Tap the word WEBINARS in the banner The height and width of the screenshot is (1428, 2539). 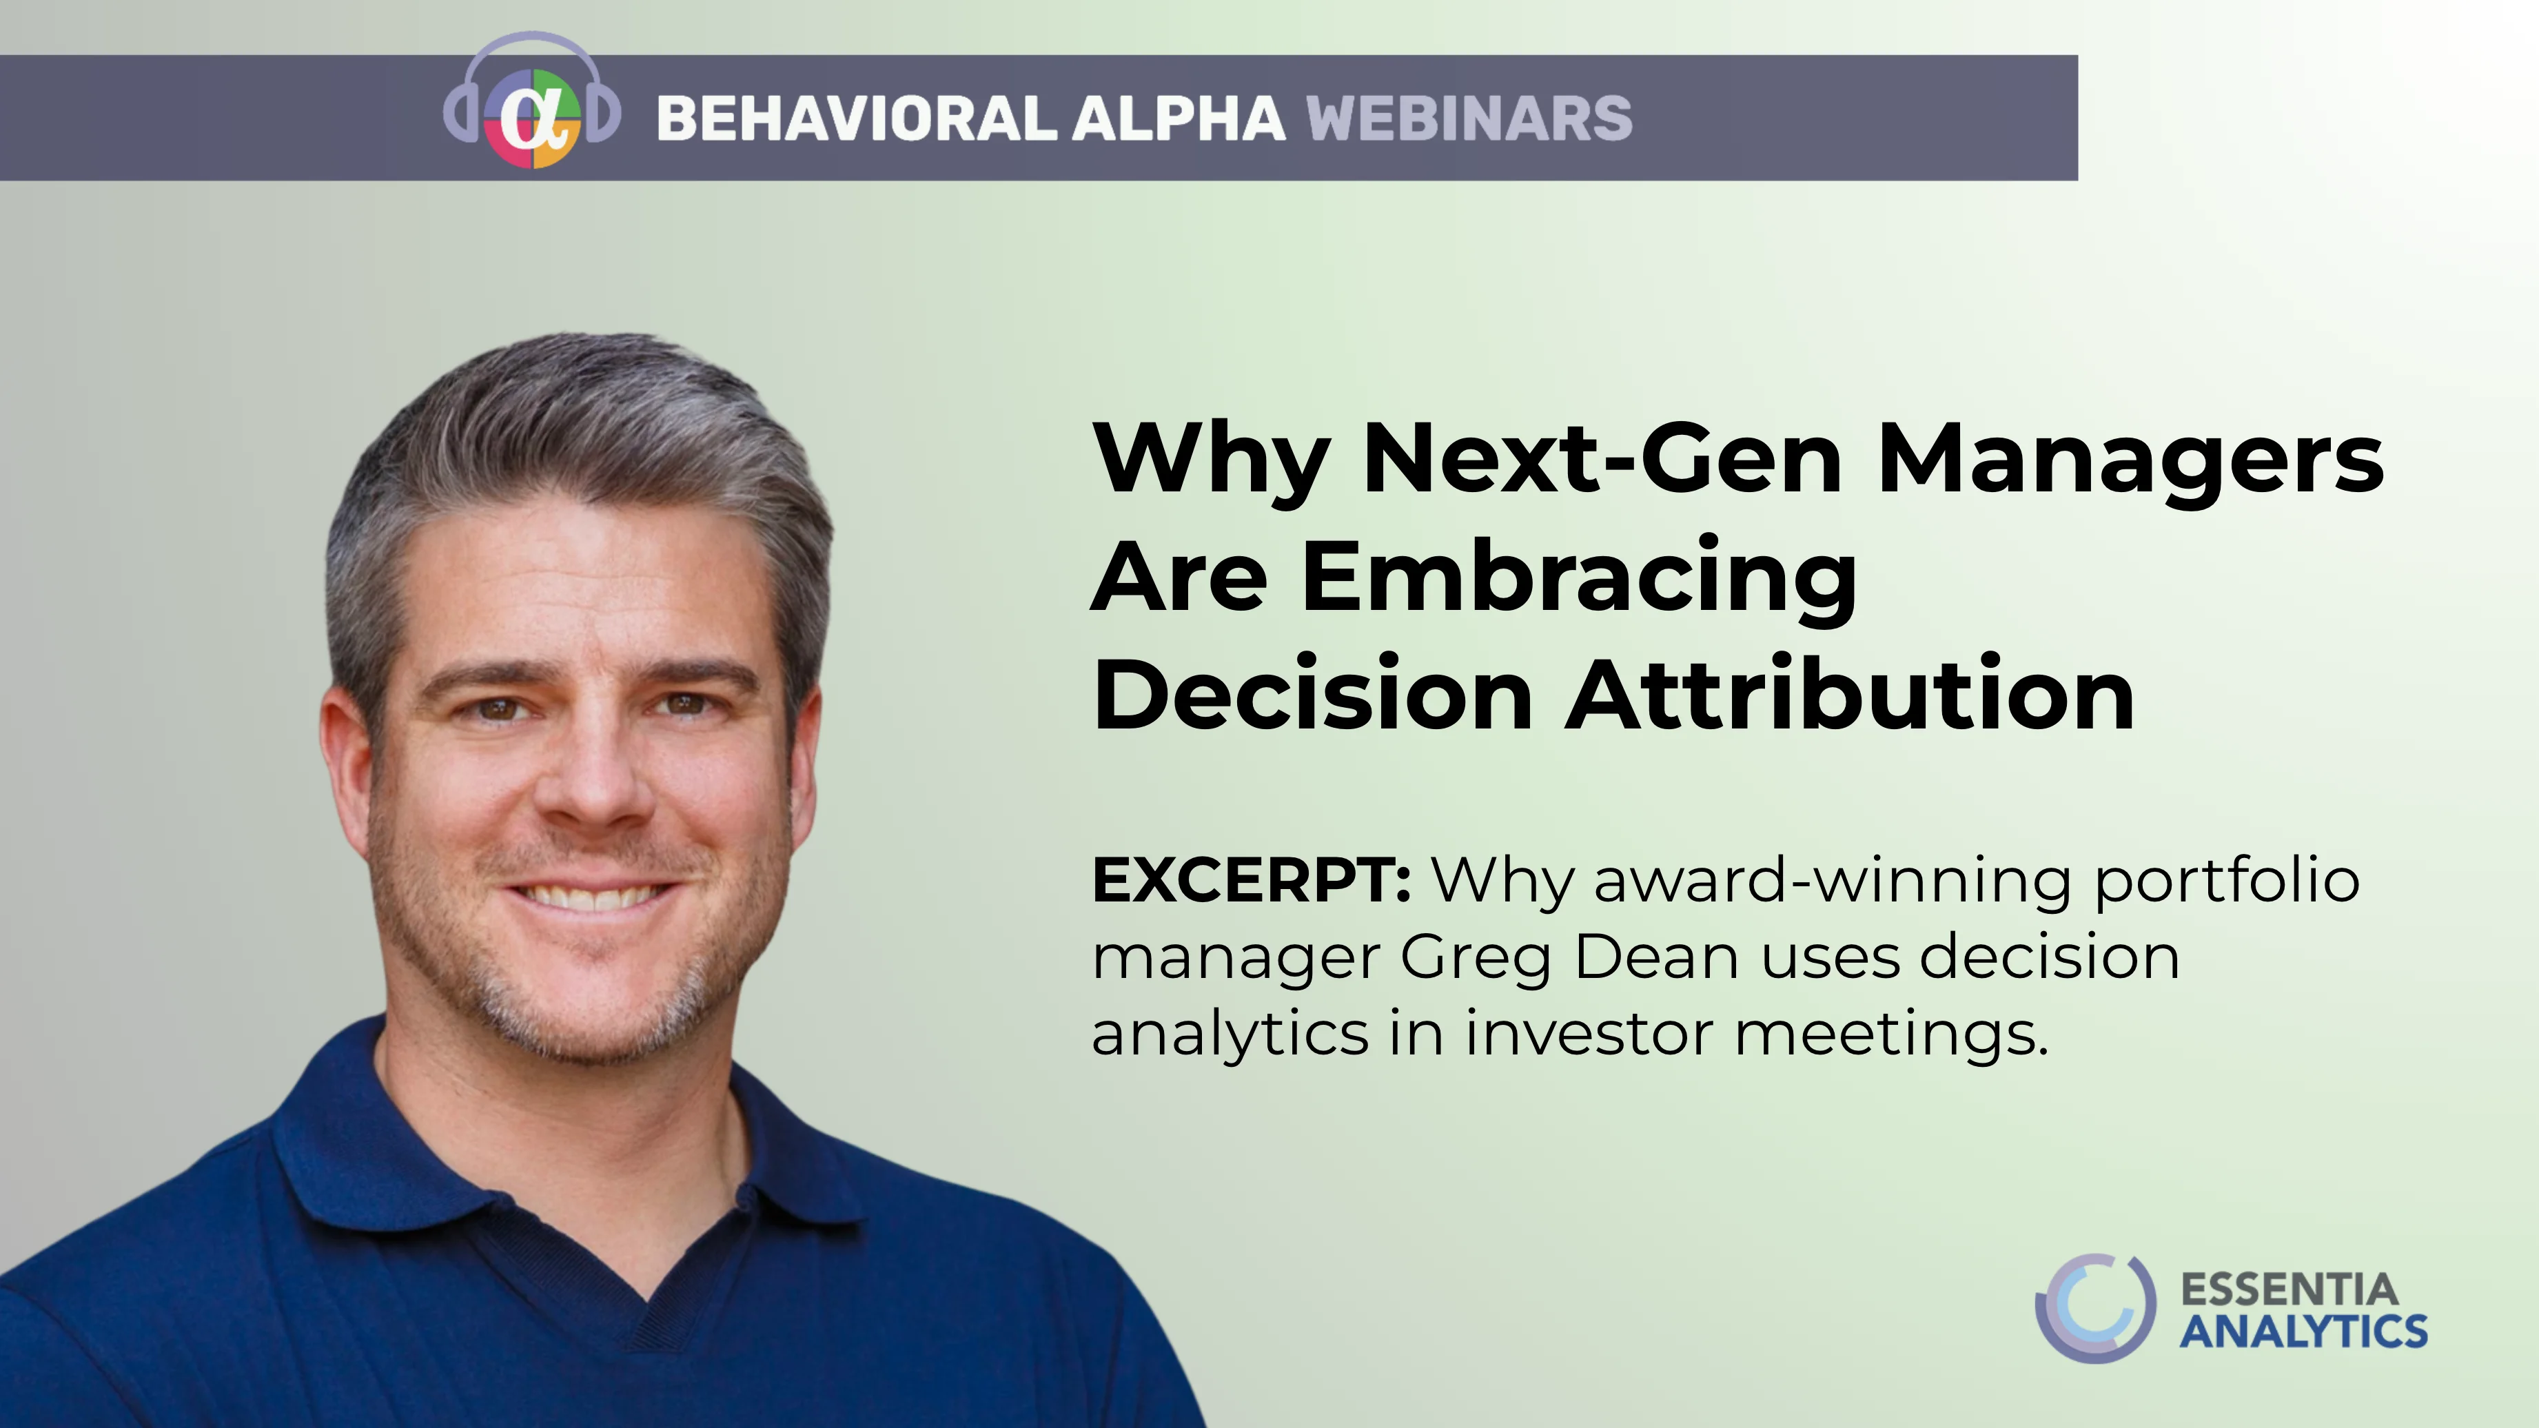point(1469,119)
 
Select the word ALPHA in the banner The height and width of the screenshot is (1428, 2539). point(1179,119)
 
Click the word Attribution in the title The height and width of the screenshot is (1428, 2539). point(1850,694)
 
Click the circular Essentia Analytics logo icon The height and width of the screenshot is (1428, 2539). point(2095,1308)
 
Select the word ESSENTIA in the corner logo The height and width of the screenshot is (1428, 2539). point(2289,1289)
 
